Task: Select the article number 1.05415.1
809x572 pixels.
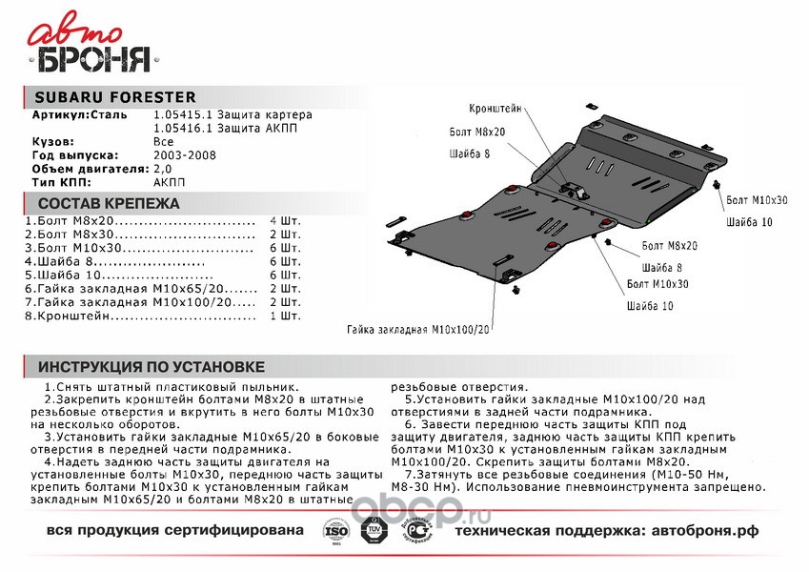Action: pos(180,114)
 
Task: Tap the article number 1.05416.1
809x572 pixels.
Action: pos(180,127)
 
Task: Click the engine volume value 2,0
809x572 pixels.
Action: pos(163,167)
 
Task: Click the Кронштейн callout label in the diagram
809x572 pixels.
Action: pos(496,110)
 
